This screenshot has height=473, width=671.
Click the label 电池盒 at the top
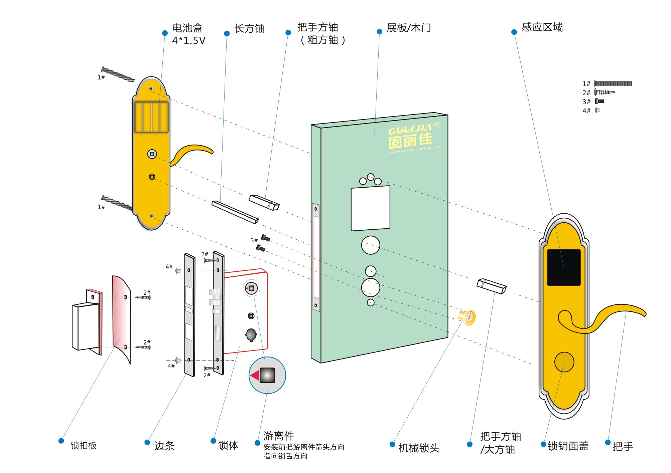point(187,28)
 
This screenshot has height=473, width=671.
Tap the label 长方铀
point(249,28)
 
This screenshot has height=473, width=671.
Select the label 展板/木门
point(408,28)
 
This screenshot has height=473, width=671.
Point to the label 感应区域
point(542,27)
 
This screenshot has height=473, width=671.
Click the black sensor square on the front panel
point(563,267)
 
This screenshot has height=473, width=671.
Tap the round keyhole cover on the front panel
point(564,362)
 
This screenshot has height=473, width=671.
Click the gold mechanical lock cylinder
point(467,317)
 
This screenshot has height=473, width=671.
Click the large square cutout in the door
point(370,208)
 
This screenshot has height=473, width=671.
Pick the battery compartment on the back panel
point(151,117)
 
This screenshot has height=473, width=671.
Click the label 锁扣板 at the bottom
point(84,445)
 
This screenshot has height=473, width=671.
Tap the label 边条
point(164,446)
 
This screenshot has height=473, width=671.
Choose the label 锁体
point(228,445)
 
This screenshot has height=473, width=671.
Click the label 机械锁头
point(419,448)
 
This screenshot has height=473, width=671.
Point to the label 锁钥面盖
point(568,446)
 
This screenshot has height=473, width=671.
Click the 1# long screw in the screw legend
point(613,83)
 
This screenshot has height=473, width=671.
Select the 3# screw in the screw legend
point(599,101)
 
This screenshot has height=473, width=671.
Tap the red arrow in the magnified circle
point(255,375)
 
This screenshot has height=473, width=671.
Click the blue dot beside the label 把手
point(608,442)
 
